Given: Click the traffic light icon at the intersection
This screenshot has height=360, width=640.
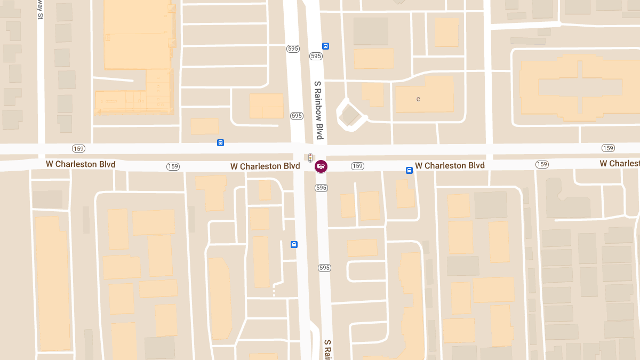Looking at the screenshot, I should click(310, 157).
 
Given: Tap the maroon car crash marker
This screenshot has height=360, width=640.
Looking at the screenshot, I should click(321, 166).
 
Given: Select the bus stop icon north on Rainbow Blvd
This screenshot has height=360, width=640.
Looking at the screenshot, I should click(325, 46).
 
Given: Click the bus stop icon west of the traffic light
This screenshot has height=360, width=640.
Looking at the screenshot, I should click(220, 142).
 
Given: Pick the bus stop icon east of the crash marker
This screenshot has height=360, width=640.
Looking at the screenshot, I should click(409, 171).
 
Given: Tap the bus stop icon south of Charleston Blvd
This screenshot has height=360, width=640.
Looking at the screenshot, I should click(294, 244).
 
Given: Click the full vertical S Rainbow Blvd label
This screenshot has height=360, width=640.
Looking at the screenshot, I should click(319, 110).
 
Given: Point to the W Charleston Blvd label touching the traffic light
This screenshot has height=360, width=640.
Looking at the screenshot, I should click(265, 166).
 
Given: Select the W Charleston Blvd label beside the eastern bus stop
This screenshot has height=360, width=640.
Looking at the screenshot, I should click(450, 165).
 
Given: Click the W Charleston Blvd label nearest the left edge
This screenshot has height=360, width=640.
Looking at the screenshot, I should click(81, 164).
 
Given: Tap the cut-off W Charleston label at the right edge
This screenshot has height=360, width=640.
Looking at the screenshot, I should click(619, 163).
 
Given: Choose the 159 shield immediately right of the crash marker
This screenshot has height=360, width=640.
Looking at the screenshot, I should click(357, 166).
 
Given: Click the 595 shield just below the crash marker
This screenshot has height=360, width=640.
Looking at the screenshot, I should click(321, 188).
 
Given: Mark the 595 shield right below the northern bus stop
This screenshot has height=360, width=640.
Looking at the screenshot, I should click(316, 56).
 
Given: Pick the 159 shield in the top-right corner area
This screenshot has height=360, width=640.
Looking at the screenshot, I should click(608, 148).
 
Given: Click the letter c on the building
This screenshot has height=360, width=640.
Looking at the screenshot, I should click(418, 99).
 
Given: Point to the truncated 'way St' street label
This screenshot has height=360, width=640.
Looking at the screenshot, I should click(40, 10).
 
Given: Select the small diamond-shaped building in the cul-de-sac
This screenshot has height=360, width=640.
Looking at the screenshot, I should click(349, 115).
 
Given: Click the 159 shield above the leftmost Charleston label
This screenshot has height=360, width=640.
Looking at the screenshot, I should click(78, 148).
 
